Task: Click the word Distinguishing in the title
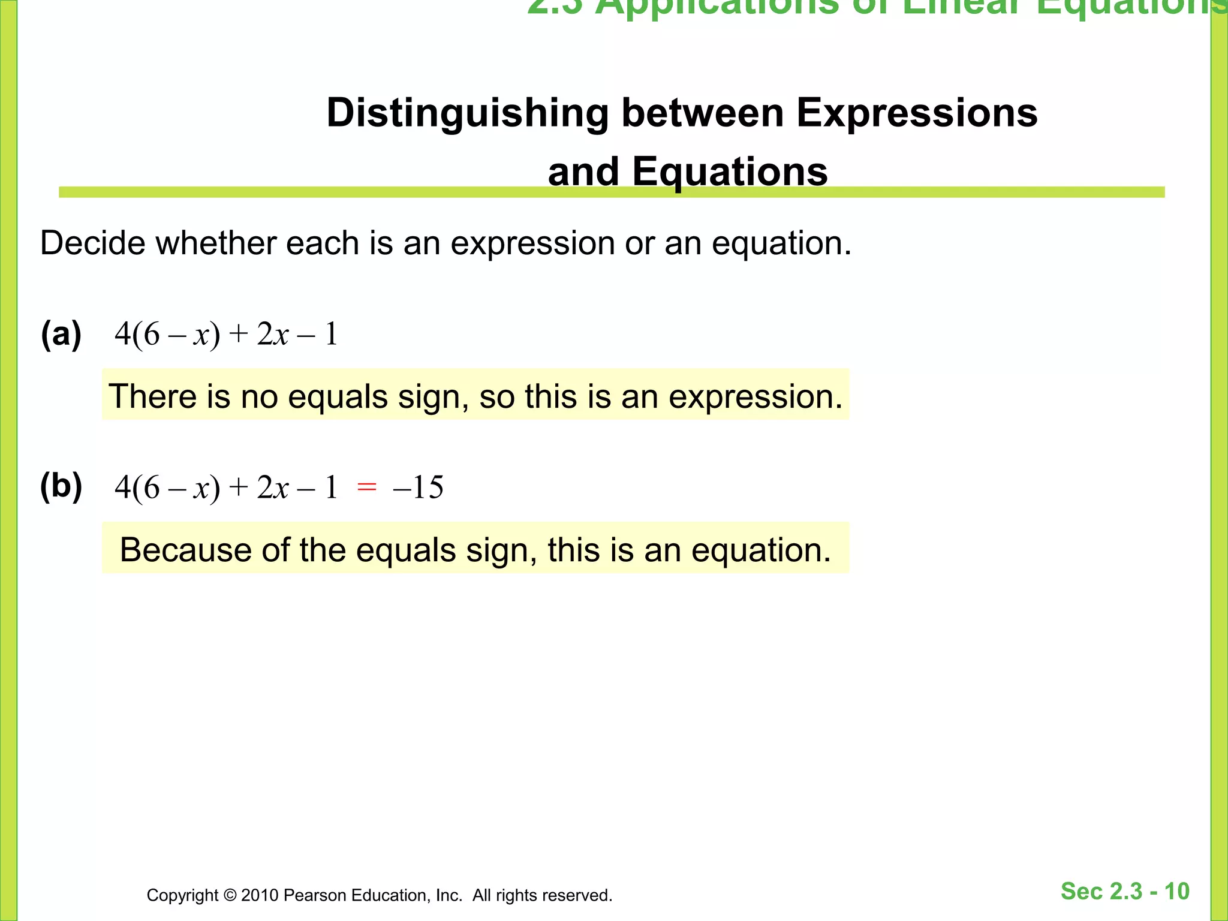tap(466, 114)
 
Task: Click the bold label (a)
tap(61, 335)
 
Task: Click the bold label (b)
tap(61, 486)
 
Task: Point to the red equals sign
tap(366, 487)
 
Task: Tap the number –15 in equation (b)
tap(418, 487)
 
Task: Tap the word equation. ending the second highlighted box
tap(761, 551)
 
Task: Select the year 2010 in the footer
tap(260, 895)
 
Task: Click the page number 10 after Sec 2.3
tap(1176, 892)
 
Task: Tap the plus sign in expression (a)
tap(238, 333)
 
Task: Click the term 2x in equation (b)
tap(273, 487)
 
